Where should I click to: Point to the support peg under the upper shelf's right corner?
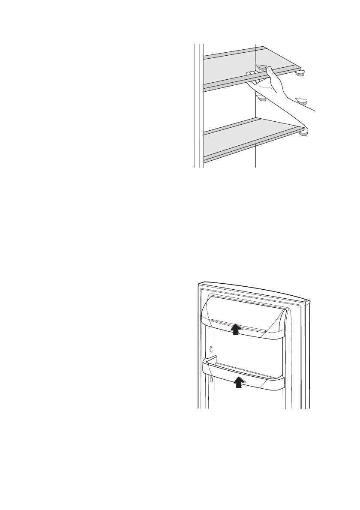pos(299,74)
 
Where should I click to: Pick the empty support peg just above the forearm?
pos(302,101)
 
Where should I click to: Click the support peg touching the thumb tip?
pos(261,67)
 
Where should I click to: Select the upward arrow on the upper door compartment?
pos(235,329)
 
